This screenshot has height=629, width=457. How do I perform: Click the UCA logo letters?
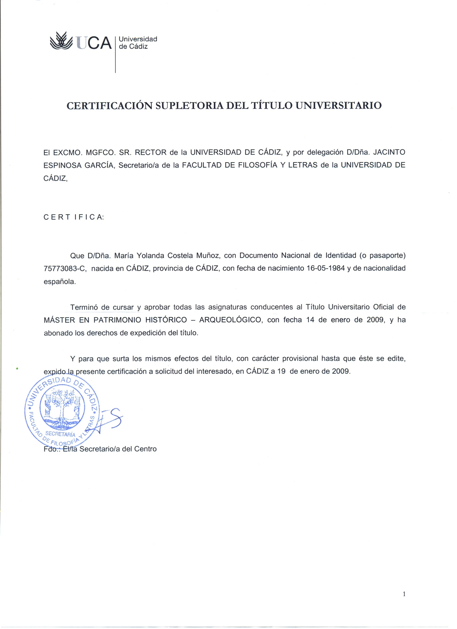tap(94, 43)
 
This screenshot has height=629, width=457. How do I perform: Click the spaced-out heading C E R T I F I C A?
tap(73, 217)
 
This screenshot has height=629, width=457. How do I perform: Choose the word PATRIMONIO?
tap(116, 320)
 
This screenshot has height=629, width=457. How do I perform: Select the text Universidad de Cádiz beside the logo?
tap(138, 43)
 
